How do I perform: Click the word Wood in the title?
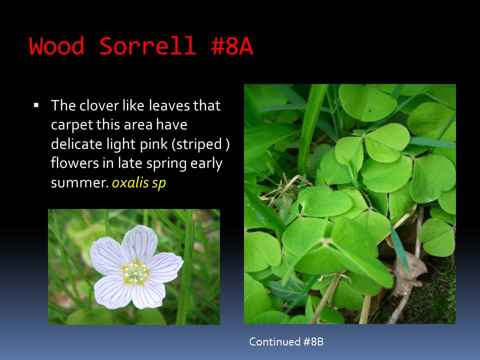(56, 46)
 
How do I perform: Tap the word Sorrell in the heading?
(147, 46)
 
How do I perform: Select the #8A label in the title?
(232, 46)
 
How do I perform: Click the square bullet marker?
(36, 105)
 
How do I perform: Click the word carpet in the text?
(71, 125)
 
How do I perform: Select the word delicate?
(76, 144)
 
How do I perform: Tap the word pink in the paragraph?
(154, 144)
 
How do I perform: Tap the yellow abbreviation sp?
(159, 183)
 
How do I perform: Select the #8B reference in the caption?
(313, 341)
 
